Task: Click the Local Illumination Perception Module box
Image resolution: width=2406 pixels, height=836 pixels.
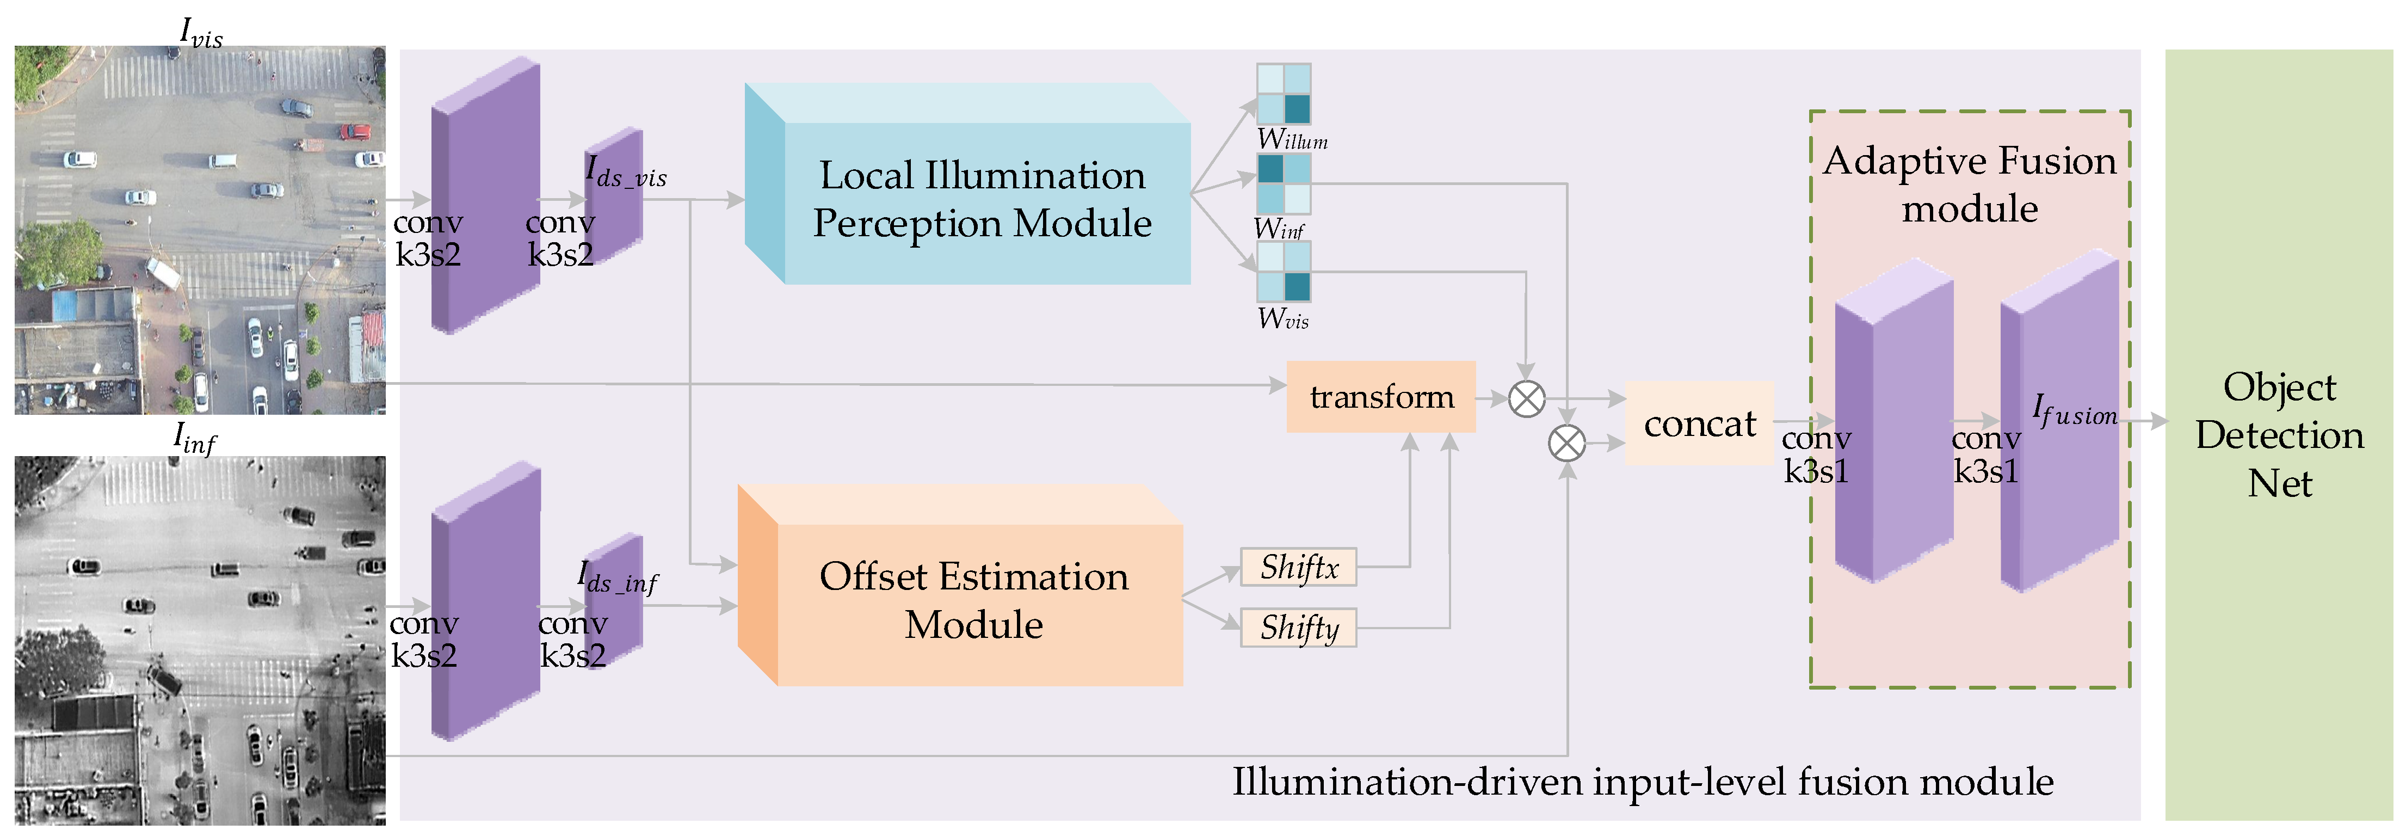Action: (x=980, y=199)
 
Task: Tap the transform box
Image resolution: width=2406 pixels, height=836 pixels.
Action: (x=1380, y=397)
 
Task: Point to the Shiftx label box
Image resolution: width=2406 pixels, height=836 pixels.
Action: (x=1298, y=567)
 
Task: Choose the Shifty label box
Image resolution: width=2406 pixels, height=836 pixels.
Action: (x=1298, y=628)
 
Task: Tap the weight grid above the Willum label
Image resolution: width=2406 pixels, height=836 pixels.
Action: (x=1284, y=94)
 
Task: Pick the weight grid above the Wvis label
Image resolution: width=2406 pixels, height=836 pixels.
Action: (x=1284, y=272)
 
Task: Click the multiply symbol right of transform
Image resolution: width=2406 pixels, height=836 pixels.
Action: (x=1527, y=399)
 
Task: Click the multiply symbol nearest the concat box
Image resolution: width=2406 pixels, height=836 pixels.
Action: (x=1566, y=442)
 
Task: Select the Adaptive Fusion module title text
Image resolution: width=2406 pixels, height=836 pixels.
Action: (x=1969, y=184)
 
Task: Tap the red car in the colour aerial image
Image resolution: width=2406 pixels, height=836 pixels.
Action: (x=356, y=132)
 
